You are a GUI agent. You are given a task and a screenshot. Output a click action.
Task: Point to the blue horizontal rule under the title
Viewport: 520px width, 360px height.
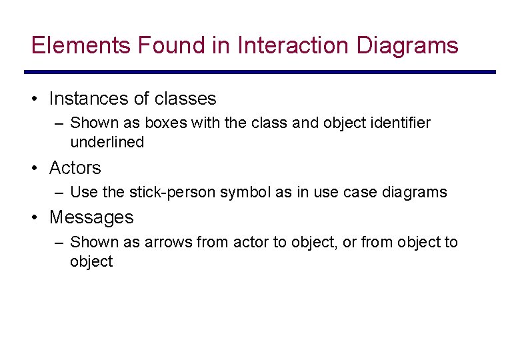click(x=260, y=72)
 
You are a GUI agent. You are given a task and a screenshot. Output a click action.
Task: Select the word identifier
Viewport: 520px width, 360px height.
click(x=400, y=123)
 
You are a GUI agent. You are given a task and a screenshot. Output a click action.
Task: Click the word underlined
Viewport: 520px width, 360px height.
click(x=107, y=142)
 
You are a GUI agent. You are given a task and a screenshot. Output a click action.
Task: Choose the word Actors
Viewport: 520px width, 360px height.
click(x=75, y=168)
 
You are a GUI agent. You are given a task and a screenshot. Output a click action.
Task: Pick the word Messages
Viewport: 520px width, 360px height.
click(x=91, y=217)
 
